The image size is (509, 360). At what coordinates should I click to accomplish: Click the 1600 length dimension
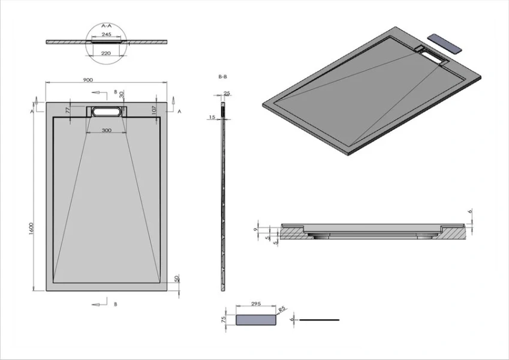31,229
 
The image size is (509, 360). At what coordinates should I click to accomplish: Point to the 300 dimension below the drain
106,130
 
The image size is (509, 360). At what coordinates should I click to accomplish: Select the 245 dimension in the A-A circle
107,35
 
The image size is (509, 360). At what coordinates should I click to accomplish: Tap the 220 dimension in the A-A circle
107,53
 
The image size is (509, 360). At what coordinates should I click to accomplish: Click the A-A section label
107,26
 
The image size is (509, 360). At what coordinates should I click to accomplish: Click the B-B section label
222,77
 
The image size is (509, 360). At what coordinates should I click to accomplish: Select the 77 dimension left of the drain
68,110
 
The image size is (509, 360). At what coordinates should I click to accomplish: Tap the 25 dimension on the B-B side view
227,94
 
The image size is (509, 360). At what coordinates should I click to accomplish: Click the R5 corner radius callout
282,310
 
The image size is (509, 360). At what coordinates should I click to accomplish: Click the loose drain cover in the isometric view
448,44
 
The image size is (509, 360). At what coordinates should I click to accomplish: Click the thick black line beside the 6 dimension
319,320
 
